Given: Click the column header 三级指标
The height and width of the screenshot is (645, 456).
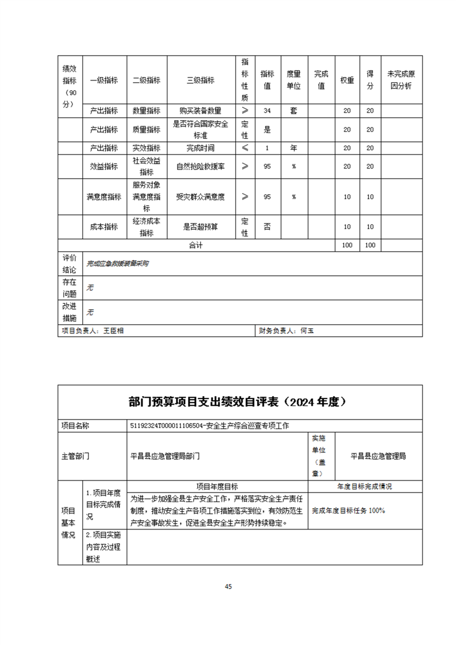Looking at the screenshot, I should pyautogui.click(x=201, y=80).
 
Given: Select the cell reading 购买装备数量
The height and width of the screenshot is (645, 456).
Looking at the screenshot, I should pyautogui.click(x=201, y=111).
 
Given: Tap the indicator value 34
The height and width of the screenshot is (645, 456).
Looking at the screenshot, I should pyautogui.click(x=267, y=111).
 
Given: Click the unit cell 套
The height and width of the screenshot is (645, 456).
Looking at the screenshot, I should pyautogui.click(x=294, y=111).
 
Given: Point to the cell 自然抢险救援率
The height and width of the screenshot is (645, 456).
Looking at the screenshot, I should pyautogui.click(x=201, y=166).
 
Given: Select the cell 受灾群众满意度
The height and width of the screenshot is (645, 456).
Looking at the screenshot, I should pyautogui.click(x=201, y=197).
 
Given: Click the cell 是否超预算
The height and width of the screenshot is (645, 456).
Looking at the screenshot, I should pyautogui.click(x=201, y=226).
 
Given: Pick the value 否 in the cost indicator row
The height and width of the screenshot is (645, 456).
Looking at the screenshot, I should pyautogui.click(x=267, y=226).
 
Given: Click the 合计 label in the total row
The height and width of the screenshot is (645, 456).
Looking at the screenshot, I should pyautogui.click(x=196, y=245).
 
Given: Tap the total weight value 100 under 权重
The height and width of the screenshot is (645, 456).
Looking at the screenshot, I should pyautogui.click(x=347, y=245).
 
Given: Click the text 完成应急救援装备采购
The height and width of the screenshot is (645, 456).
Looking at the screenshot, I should pyautogui.click(x=118, y=263).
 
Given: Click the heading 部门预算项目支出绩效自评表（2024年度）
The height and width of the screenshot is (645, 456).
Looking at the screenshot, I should pyautogui.click(x=240, y=402).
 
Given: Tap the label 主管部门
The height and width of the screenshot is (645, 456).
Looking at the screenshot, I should pyautogui.click(x=75, y=456).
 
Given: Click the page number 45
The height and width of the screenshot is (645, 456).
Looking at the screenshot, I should pyautogui.click(x=228, y=586).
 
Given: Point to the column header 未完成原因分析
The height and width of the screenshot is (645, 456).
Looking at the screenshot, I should pyautogui.click(x=401, y=80).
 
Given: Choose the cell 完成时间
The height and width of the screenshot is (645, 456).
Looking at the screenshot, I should pyautogui.click(x=201, y=148).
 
